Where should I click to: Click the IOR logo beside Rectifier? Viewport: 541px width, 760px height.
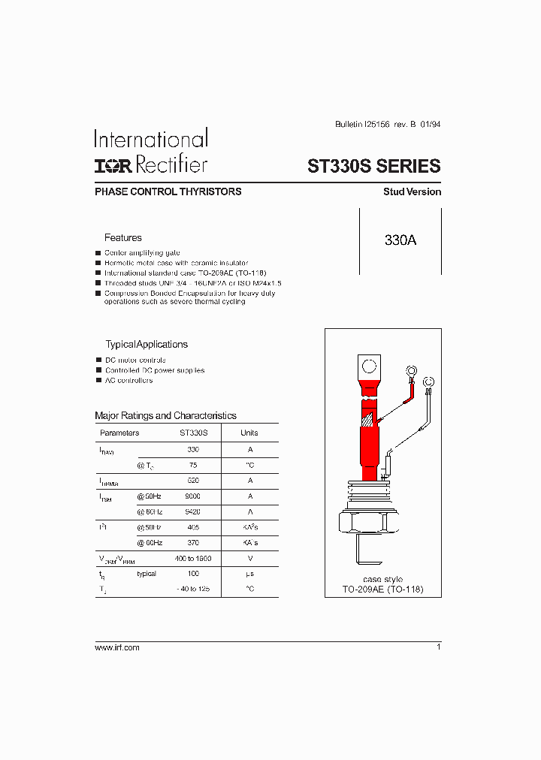tap(113, 165)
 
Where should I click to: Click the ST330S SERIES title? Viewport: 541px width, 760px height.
tap(374, 166)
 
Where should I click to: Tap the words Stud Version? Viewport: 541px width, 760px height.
tap(412, 192)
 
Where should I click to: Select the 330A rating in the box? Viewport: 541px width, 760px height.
tap(400, 241)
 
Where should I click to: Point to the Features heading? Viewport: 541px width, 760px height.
tap(122, 238)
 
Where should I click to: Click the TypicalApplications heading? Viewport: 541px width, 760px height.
tap(146, 345)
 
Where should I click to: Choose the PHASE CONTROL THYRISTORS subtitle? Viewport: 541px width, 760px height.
tap(168, 192)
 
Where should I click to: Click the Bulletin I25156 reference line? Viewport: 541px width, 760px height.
tap(386, 125)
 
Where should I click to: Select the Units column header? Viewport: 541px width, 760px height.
tap(249, 433)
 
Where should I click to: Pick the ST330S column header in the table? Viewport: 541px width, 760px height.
tap(193, 433)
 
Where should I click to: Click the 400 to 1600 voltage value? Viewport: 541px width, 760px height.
tap(193, 558)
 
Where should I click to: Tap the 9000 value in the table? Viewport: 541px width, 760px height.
tap(193, 496)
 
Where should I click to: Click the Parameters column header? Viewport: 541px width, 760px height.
tap(119, 433)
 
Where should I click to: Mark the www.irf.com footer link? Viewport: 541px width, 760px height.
tap(117, 647)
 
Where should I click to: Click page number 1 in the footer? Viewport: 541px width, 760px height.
tap(438, 647)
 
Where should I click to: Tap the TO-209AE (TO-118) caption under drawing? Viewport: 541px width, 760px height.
tap(382, 590)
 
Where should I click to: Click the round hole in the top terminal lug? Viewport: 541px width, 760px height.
tap(369, 367)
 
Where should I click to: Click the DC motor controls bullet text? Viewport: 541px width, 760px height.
tap(135, 360)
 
